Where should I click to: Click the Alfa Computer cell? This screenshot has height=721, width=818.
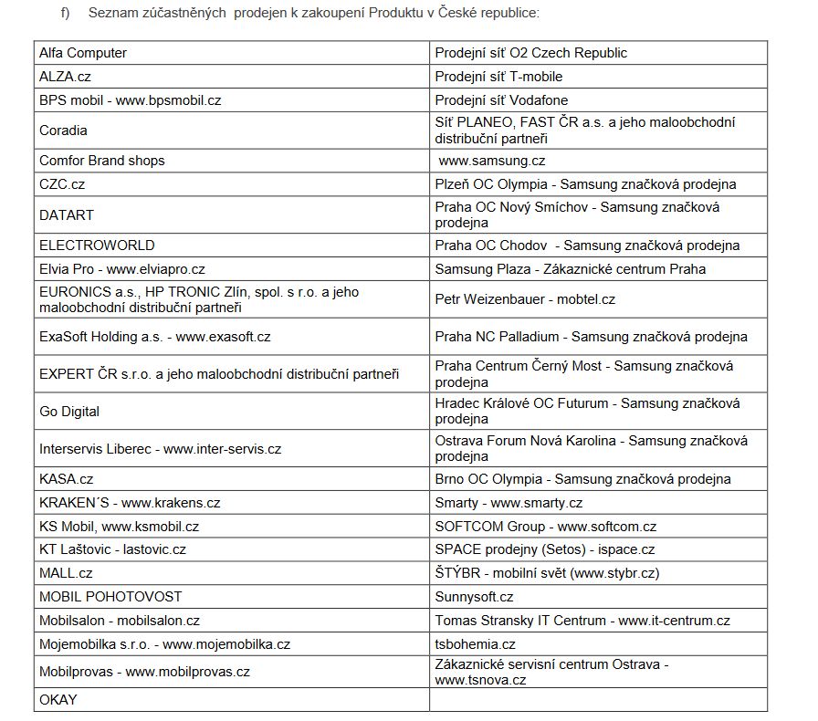coord(83,53)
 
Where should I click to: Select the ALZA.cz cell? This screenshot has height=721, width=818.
coord(65,77)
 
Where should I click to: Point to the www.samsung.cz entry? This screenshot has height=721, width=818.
coord(492,161)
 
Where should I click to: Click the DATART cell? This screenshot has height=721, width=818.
coord(67,215)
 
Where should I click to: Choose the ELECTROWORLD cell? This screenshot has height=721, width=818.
coord(97,246)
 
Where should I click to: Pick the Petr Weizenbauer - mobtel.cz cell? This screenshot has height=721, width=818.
coord(525,299)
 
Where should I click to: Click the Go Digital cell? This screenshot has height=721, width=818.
coord(69,412)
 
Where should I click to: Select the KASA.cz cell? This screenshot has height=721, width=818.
coord(67,479)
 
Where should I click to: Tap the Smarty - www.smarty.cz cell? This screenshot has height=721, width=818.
coord(509,503)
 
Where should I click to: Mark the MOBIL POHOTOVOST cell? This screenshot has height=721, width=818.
coord(110,597)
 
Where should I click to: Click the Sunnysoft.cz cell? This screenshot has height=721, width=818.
coord(474,597)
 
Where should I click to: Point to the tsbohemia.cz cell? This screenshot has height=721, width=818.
coord(476,644)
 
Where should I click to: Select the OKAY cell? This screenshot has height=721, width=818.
coord(58,700)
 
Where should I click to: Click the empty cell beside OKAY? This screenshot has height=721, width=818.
coord(598,700)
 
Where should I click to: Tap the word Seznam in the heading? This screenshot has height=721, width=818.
coord(114,14)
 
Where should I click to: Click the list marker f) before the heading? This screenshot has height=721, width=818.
coord(65,14)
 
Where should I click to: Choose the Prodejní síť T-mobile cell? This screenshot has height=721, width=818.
coord(498,77)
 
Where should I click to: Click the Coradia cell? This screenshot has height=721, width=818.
coord(64,131)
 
